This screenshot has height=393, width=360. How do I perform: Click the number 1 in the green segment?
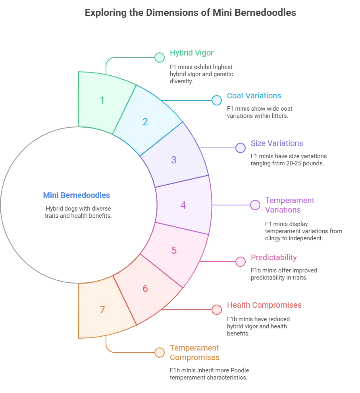(x=102, y=100)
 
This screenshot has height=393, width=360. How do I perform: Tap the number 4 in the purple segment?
(x=183, y=205)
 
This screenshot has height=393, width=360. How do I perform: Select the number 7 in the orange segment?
(x=102, y=310)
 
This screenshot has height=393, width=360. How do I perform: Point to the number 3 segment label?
(x=173, y=160)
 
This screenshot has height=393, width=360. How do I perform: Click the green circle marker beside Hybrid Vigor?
(x=160, y=58)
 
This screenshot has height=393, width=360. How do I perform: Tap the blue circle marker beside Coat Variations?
(x=216, y=100)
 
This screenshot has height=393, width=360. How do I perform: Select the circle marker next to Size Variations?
(x=241, y=148)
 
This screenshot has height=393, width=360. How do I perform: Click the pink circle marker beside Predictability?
(x=241, y=262)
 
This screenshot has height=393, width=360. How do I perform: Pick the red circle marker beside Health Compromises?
(x=216, y=310)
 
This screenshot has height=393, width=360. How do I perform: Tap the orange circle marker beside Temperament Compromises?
(x=160, y=353)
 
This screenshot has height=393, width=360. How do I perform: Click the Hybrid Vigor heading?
(x=192, y=53)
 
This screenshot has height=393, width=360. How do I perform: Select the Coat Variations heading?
(x=254, y=96)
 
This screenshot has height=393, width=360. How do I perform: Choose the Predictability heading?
(x=274, y=257)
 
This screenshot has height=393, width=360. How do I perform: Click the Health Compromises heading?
(x=264, y=305)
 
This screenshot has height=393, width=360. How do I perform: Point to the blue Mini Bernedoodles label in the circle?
(x=77, y=195)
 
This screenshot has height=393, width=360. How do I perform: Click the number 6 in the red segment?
(x=145, y=288)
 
